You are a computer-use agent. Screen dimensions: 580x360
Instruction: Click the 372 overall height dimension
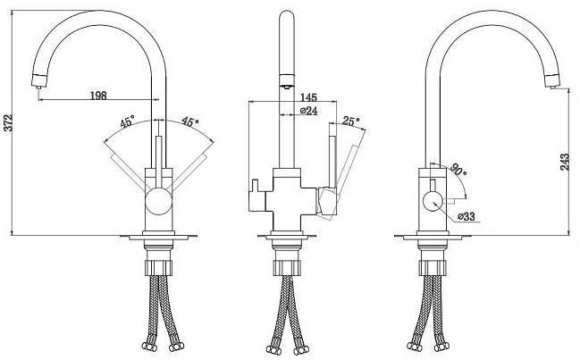pos(9,122)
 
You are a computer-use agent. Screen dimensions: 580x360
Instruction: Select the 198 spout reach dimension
pos(98,95)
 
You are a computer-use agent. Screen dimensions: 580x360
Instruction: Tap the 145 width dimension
pos(309,97)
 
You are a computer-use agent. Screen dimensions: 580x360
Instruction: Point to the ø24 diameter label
pos(309,111)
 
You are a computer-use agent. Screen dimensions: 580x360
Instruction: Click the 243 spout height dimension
pos(565,162)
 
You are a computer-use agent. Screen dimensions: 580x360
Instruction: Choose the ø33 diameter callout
pos(467,216)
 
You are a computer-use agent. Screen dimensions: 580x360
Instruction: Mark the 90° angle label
pos(458,171)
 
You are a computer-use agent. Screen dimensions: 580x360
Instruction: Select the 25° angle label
pos(350,121)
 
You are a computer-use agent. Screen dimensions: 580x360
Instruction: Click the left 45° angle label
pos(128,121)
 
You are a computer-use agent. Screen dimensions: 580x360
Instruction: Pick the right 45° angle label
pos(189,121)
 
